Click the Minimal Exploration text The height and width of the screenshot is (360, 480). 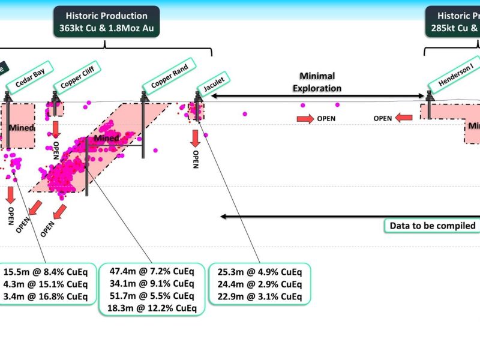coord(317,82)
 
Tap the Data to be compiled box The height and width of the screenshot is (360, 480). coord(433,226)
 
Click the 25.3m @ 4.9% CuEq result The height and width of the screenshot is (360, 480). coord(260,271)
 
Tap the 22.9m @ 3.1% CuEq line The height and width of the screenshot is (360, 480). coord(260,296)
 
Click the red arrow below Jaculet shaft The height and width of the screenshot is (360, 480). coord(195,137)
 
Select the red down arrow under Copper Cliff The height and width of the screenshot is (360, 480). coord(56,129)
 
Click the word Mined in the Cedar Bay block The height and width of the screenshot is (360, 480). coord(22,128)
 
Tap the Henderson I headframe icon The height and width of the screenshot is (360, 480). coord(430,97)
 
